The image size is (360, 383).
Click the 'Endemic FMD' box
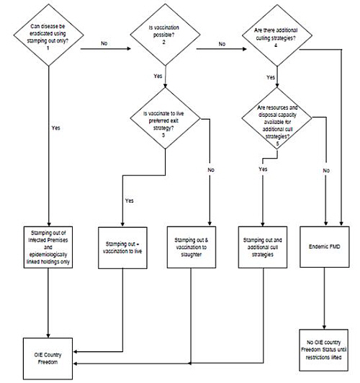(325, 247)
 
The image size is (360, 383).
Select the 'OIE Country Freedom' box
(48, 358)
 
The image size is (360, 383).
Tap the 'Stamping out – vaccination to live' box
(122, 247)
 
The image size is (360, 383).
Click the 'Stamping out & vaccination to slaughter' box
(192, 247)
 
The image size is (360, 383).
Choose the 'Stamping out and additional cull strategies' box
(262, 247)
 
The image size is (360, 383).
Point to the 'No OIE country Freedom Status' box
(324, 350)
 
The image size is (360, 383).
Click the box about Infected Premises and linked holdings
(48, 247)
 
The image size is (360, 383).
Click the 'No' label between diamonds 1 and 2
(104, 43)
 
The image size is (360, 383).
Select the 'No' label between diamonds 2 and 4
(222, 44)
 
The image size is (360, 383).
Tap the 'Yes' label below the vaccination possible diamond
(158, 76)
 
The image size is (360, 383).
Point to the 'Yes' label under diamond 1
(56, 128)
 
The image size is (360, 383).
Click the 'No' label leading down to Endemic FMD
(326, 170)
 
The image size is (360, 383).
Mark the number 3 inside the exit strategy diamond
(163, 135)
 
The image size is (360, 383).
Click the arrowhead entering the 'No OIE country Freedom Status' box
(324, 327)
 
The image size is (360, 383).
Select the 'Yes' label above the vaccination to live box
(130, 201)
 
